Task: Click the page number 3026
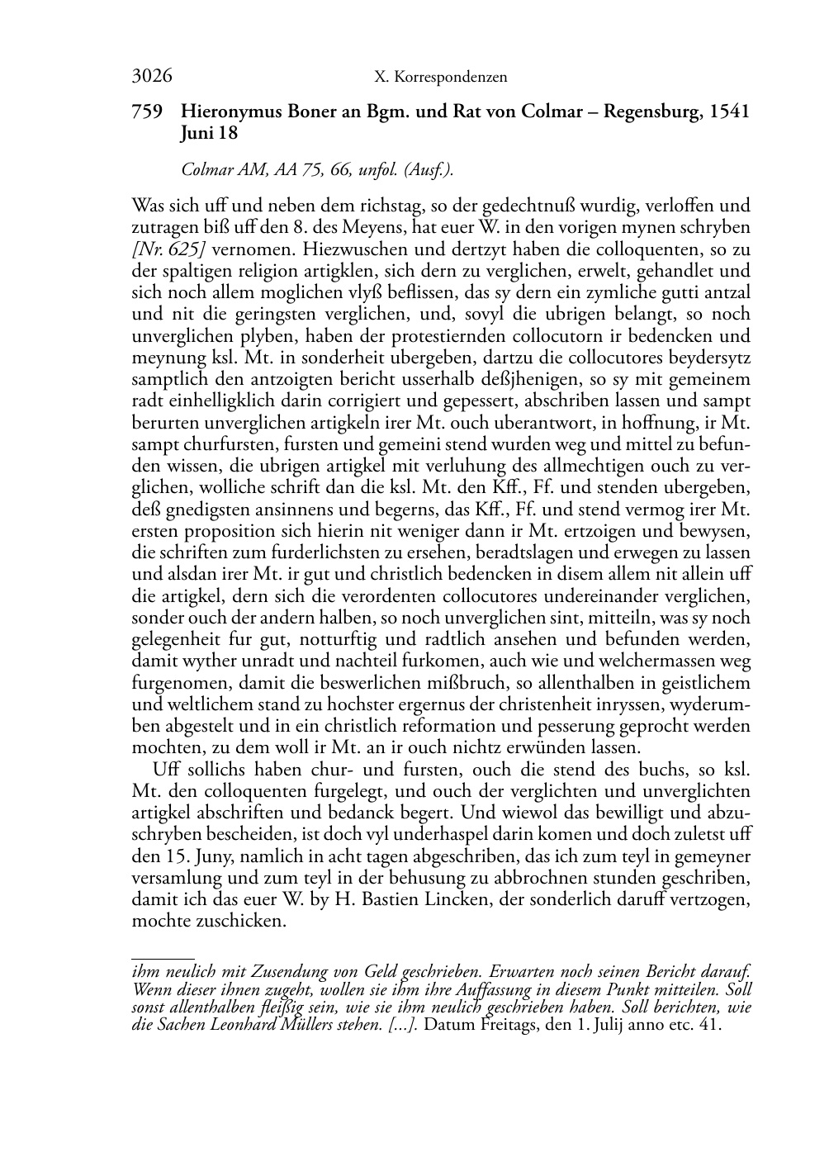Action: (x=152, y=77)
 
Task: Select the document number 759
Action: (x=147, y=111)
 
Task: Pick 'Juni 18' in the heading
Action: (x=209, y=133)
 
